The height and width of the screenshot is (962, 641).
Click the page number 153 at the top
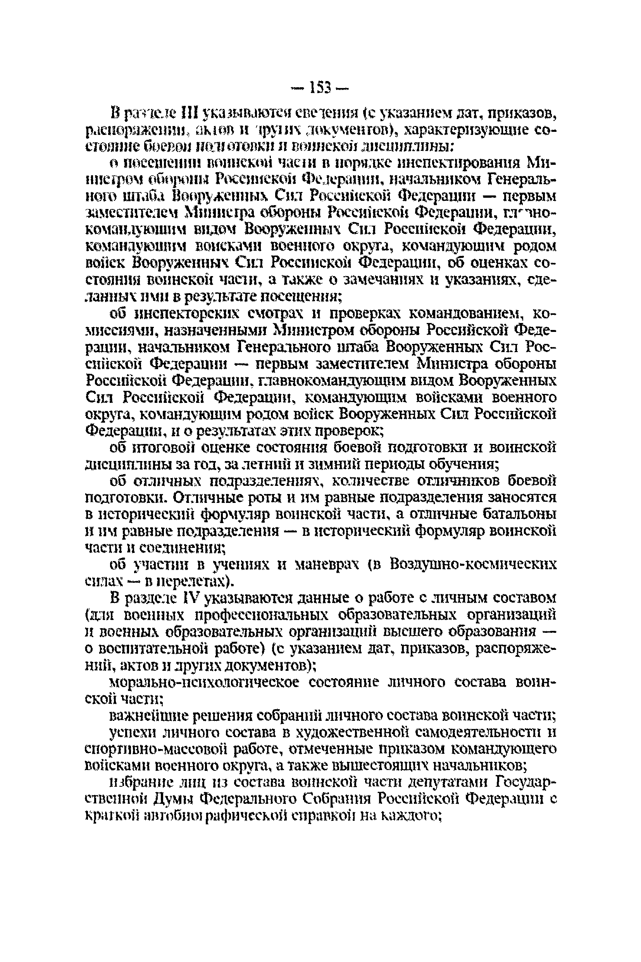point(320,87)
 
